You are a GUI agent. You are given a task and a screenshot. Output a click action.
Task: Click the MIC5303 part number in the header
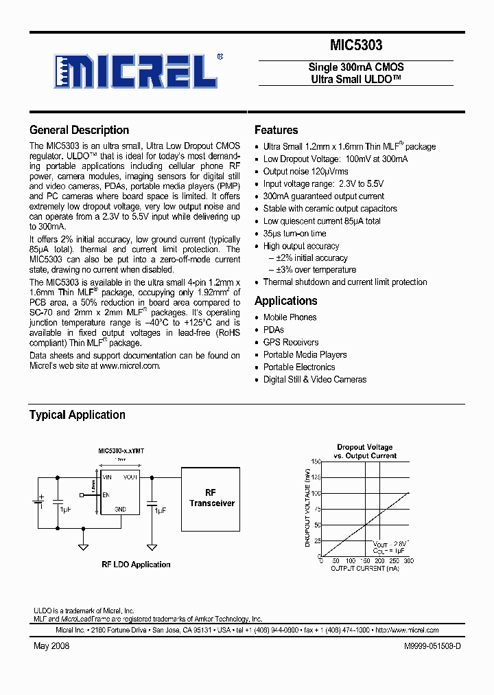click(355, 46)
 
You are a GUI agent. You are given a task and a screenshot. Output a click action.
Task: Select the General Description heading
click(79, 130)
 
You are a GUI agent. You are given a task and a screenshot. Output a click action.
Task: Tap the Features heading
click(276, 130)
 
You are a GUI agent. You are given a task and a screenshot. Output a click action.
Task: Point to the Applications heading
click(285, 301)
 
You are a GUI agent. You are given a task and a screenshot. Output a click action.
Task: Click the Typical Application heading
click(77, 415)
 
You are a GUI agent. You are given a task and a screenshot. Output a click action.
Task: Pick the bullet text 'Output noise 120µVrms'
click(305, 172)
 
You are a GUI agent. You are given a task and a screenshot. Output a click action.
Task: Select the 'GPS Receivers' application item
click(291, 342)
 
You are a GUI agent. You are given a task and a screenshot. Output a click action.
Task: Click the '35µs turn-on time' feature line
click(294, 233)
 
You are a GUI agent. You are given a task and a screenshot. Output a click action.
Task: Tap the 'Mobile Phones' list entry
click(290, 317)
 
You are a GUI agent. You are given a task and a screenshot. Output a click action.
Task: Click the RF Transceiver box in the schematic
click(211, 499)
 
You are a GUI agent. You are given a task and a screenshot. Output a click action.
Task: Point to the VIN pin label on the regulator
click(107, 477)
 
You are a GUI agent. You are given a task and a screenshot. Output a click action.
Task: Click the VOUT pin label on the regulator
click(130, 477)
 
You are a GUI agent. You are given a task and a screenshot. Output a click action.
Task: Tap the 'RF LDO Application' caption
click(136, 565)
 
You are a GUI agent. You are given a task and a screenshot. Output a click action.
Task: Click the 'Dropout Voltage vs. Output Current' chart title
click(364, 451)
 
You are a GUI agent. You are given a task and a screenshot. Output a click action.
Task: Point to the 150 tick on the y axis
click(316, 462)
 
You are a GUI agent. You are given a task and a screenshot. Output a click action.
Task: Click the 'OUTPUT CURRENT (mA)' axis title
click(364, 569)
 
